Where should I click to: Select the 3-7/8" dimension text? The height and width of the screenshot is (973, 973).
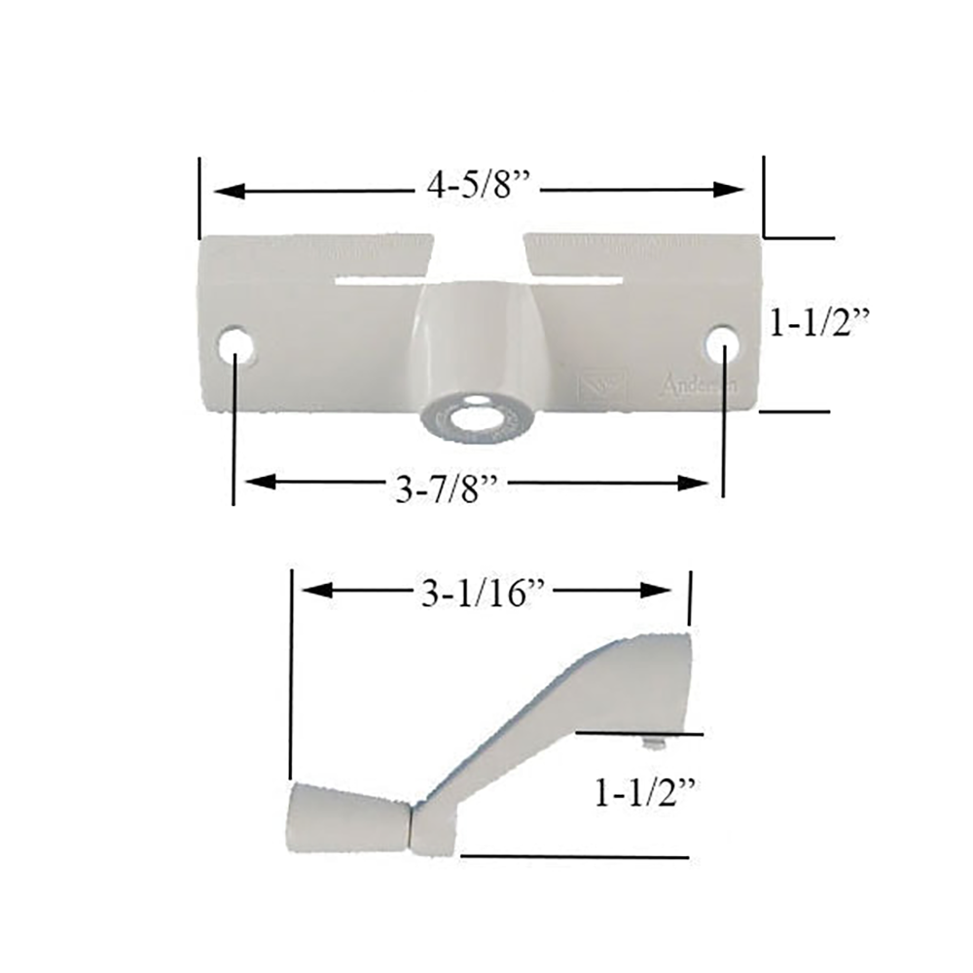tap(448, 489)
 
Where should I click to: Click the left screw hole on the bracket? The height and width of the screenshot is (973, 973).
tap(234, 346)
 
